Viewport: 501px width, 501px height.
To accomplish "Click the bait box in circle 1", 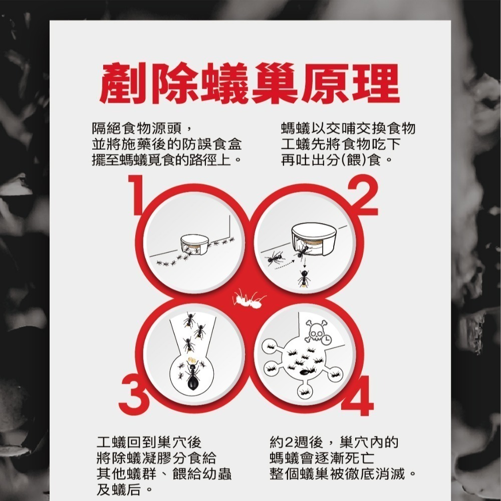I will pos(192,242).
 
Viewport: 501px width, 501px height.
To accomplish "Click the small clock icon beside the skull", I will pos(326,339).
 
